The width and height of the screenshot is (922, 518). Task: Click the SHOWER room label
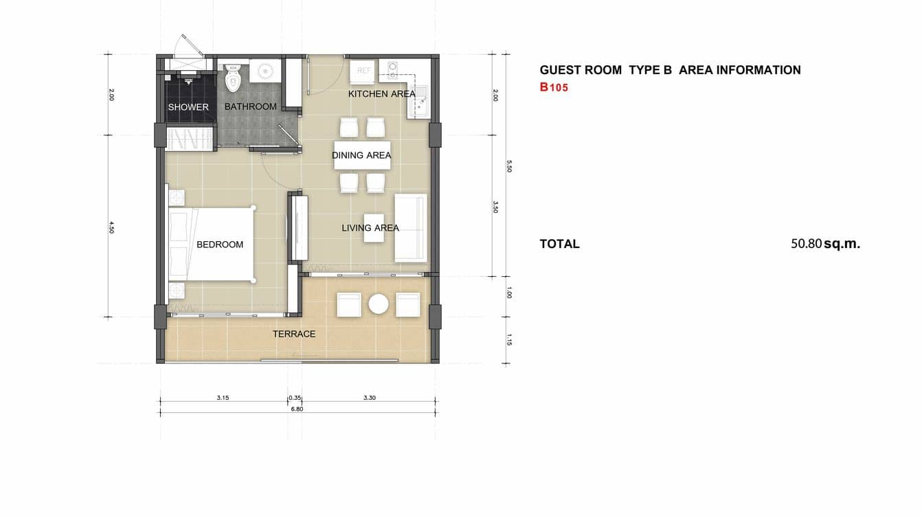[188, 107]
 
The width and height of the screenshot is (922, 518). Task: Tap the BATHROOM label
[251, 106]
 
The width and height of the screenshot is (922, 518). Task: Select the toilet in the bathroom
[232, 78]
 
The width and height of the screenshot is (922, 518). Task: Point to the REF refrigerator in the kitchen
[363, 71]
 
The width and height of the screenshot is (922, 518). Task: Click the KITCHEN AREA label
[381, 93]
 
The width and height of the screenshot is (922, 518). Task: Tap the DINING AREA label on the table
[361, 155]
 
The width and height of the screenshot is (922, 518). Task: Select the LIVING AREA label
[370, 228]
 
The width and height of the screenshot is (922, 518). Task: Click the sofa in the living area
[411, 228]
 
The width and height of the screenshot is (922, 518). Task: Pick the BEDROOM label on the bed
[220, 245]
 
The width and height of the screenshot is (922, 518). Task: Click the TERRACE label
[294, 334]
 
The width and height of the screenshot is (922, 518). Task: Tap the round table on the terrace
[379, 304]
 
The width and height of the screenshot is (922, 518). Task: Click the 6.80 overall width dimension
[297, 409]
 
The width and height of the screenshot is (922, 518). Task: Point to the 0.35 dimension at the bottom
[295, 397]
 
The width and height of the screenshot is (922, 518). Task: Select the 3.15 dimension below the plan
[223, 397]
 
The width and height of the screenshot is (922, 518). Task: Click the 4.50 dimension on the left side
[111, 227]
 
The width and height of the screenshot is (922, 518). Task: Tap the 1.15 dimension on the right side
[508, 339]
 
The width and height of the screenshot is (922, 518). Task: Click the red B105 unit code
[554, 87]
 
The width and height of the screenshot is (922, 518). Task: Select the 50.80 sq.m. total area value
[825, 243]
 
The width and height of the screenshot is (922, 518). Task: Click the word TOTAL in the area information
[559, 244]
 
